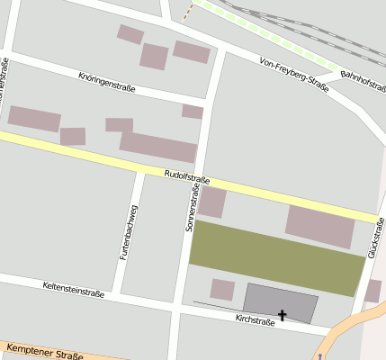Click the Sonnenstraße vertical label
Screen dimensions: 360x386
tap(190, 205)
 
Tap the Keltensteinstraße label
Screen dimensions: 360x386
tap(74, 289)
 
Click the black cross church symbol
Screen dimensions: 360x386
tap(283, 315)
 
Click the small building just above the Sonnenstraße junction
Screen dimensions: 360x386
tap(192, 112)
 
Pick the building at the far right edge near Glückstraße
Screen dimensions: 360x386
tap(373, 291)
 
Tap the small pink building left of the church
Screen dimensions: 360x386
tap(222, 289)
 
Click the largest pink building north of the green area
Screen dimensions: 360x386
tap(320, 226)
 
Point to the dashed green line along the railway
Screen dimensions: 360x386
tap(270, 36)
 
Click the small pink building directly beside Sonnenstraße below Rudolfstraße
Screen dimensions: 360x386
tap(211, 202)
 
